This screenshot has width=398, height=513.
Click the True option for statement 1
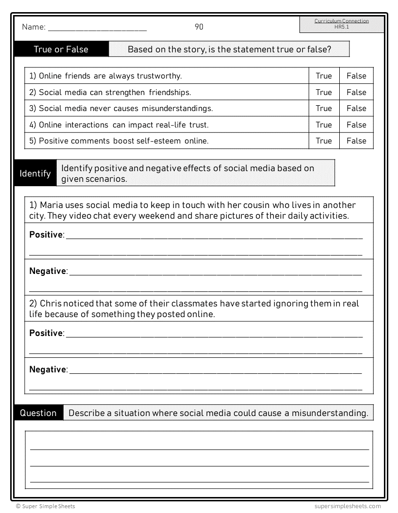[x=324, y=76]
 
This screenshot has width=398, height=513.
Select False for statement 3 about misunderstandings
[x=356, y=108]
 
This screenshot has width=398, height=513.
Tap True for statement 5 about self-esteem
[x=324, y=141]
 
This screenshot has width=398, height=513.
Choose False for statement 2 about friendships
[x=356, y=92]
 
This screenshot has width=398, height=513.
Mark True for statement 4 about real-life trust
[x=324, y=125]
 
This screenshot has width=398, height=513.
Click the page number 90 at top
[x=199, y=27]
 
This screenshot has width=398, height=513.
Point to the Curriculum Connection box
[x=342, y=24]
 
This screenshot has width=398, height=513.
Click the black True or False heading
[x=61, y=49]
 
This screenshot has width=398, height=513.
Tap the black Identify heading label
[x=35, y=173]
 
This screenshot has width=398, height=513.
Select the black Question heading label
[x=38, y=413]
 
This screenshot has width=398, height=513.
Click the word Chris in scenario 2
[x=52, y=304]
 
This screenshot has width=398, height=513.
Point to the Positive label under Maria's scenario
[x=46, y=235]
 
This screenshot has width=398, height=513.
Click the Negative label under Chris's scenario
[x=48, y=369]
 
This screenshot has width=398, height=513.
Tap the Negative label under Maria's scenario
[x=48, y=271]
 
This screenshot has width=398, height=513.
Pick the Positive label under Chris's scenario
[x=46, y=333]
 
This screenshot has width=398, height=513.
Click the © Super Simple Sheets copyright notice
[x=46, y=506]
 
